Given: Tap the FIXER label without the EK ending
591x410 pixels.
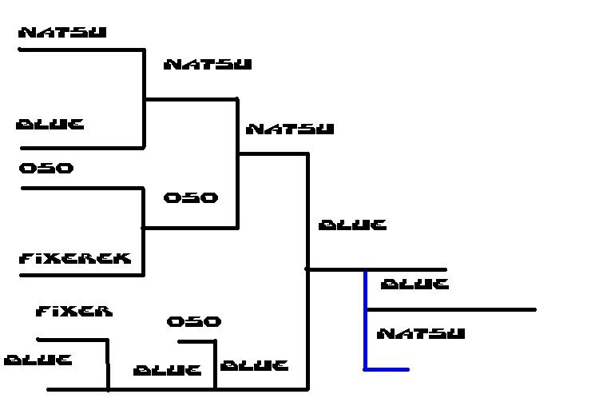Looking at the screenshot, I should (x=74, y=311).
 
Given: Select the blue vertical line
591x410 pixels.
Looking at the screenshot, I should (x=365, y=320).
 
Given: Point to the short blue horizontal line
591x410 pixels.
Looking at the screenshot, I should (x=387, y=369).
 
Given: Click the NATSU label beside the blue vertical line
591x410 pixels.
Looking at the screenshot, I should (x=420, y=333).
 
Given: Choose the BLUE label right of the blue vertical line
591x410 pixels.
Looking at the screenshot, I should (x=414, y=284).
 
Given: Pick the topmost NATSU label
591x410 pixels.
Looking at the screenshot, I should (x=62, y=33).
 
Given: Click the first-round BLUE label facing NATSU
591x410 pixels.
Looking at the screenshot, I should (x=50, y=125).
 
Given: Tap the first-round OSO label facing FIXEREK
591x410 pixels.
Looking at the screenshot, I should (x=46, y=169).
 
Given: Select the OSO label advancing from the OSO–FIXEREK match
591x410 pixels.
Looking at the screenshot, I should (x=190, y=197).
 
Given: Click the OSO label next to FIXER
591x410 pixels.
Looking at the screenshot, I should (x=193, y=321).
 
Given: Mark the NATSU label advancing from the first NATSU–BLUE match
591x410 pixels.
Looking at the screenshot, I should (x=208, y=64).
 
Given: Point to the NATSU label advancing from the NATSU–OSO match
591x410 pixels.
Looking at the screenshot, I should (x=290, y=128).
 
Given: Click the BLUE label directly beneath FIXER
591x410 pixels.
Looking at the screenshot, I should (x=38, y=360).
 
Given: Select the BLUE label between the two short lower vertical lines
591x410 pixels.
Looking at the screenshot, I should (x=167, y=370).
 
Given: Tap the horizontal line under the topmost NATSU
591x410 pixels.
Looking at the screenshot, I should (x=80, y=50).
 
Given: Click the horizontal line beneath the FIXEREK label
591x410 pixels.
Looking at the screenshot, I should (x=80, y=275).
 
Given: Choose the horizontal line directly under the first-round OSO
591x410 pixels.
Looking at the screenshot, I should (x=80, y=189).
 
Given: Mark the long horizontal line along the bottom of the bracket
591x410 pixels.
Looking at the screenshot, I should (x=176, y=389).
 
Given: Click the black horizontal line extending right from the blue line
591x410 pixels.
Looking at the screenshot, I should (x=451, y=309).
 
